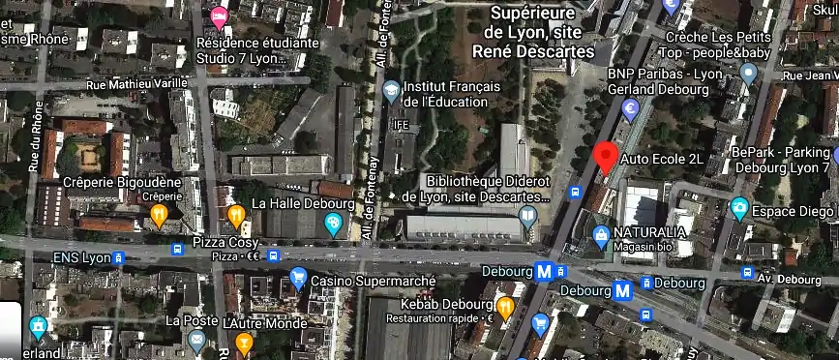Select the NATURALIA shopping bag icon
602,233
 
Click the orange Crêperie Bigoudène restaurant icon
161,214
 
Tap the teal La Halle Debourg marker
334,225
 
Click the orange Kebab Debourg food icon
505,308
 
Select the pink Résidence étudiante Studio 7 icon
220,15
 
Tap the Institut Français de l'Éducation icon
391,91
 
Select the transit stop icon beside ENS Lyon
119,257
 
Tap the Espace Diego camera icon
739,208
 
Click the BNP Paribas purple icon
630,107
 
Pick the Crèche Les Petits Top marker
747,73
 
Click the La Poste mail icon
196,339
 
